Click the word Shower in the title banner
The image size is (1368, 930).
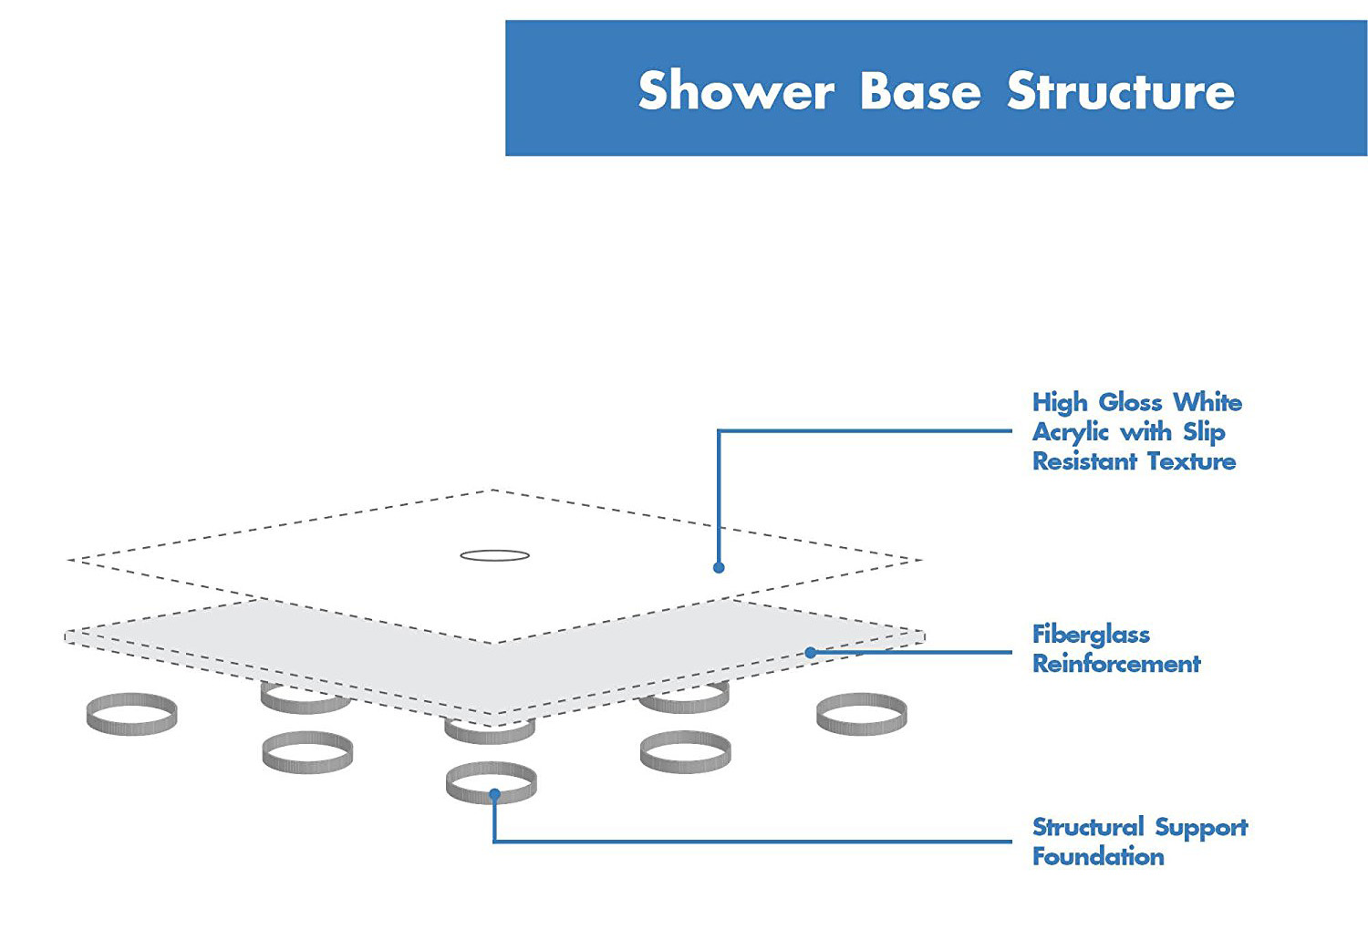(x=736, y=90)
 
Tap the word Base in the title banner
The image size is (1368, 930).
(x=920, y=90)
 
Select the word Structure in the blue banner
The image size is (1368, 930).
(x=1121, y=90)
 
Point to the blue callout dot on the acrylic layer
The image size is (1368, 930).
(x=719, y=568)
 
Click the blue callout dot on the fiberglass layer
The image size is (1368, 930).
(x=811, y=652)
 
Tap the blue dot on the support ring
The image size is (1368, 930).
(x=494, y=794)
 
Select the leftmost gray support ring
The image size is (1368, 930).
(x=132, y=728)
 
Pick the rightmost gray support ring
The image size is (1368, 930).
(x=862, y=728)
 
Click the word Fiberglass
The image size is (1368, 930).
(x=1092, y=635)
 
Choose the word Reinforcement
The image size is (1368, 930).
(x=1117, y=664)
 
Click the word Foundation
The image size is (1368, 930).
(x=1099, y=857)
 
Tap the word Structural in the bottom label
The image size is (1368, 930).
(x=1088, y=827)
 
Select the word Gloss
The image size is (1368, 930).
(x=1131, y=402)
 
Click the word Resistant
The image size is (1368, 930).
(x=1084, y=461)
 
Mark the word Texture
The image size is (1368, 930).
(x=1191, y=461)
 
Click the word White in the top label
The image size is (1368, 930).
(x=1208, y=402)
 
